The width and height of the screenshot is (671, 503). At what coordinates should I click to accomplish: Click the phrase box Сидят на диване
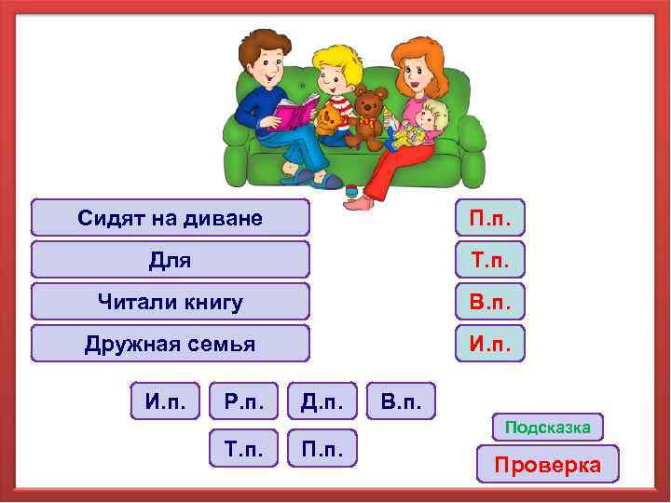coord(171,218)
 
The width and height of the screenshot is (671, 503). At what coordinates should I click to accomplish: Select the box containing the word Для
coord(171,260)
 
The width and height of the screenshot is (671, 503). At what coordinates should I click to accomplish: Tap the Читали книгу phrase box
coord(171,302)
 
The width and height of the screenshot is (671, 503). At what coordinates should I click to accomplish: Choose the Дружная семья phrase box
coord(171,344)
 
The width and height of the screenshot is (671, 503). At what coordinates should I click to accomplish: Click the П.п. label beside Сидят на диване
coord(490,218)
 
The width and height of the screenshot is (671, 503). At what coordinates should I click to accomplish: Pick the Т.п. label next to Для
coord(490,260)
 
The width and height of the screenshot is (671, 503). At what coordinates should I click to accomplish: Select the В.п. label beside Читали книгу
coord(490,302)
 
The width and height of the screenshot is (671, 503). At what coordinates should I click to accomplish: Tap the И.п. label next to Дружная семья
coord(490,344)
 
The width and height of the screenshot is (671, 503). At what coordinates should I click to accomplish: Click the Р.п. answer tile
coord(244,401)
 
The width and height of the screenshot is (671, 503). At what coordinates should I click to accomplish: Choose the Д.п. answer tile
coord(322,401)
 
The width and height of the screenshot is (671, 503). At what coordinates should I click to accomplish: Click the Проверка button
coord(547,464)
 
